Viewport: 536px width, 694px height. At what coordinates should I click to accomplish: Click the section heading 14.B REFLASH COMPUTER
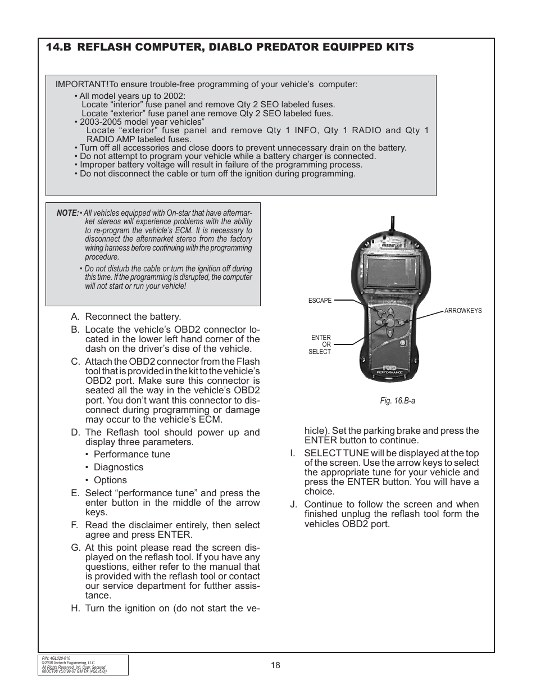[230, 47]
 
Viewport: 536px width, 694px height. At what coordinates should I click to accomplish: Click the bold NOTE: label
[67, 213]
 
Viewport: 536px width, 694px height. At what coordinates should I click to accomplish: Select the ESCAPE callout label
[320, 301]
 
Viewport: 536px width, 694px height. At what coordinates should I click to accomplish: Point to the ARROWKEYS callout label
[463, 311]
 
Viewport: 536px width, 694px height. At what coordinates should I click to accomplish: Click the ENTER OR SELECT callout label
[320, 344]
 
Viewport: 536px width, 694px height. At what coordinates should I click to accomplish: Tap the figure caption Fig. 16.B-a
[397, 401]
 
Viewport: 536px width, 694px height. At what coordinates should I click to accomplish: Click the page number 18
[275, 665]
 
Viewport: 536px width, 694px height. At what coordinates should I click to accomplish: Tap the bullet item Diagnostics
[118, 467]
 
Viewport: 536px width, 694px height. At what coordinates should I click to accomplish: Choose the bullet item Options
[110, 480]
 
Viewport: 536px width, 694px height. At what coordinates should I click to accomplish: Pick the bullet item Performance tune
[131, 454]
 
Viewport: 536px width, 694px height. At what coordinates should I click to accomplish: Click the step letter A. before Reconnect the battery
[75, 317]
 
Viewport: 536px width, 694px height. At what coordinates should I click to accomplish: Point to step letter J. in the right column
[293, 504]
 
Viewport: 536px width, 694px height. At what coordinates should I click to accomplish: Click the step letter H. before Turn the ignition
[75, 608]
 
